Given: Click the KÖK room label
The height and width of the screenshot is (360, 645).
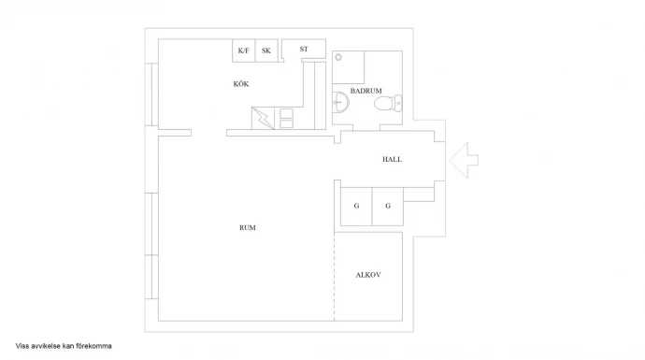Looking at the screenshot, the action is tap(241, 84).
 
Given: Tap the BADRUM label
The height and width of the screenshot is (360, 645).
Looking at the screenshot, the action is tap(366, 91).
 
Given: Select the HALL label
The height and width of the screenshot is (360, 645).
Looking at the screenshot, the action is tap(392, 159).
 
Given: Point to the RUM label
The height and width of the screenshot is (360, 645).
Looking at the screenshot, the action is tap(248, 227).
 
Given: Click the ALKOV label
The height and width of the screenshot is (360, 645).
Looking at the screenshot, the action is tap(368, 275).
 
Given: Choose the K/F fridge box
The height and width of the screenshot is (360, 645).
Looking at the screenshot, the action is tap(244, 50).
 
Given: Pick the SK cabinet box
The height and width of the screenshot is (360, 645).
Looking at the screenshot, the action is tap(266, 50).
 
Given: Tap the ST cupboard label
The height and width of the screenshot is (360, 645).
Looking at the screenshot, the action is tap(304, 49).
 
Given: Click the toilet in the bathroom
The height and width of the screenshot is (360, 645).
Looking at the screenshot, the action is tap(388, 103).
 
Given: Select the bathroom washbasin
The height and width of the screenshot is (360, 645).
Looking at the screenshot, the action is tap(340, 102).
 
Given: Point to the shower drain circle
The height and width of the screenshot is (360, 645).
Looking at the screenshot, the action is tap(338, 57).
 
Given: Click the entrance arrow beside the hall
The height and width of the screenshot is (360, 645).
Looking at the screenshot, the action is tap(464, 160).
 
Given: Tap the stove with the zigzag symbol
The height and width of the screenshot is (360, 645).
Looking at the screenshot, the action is tap(263, 119).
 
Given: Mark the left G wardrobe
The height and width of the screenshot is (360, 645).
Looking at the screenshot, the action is tap(356, 207).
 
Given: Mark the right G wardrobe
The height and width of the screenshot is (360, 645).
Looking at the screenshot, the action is tap(388, 207).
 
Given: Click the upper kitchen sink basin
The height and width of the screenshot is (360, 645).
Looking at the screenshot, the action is tap(286, 113).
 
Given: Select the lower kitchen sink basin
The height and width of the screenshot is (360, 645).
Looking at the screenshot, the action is tap(286, 123).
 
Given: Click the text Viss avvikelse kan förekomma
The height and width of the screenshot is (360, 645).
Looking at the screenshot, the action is tap(64, 346).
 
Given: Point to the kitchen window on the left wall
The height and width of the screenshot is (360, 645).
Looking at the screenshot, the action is tap(151, 94).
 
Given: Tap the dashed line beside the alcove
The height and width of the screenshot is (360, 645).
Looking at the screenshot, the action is tap(334, 277).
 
